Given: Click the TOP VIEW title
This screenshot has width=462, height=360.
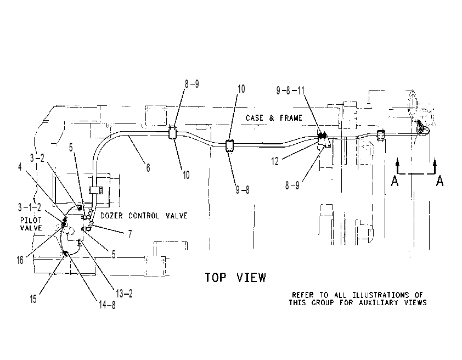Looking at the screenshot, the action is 235,278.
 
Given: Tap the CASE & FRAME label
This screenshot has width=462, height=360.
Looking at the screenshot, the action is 274,118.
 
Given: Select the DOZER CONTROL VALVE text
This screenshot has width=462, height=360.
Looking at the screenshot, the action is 144,216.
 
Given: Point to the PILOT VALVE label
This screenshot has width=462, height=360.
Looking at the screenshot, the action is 31,224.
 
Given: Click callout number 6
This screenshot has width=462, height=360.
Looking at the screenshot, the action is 148,167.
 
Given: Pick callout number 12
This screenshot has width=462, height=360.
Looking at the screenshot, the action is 274,161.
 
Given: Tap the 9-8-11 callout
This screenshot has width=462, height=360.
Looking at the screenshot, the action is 290,90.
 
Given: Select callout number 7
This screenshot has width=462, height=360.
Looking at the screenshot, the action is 129,234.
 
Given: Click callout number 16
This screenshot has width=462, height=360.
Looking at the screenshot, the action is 20,260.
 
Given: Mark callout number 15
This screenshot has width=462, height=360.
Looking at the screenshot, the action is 33,299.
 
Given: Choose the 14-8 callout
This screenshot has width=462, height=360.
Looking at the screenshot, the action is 107,305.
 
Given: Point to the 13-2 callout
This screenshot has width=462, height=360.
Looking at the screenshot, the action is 124,293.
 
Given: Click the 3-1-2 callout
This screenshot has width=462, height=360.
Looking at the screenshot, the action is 30,207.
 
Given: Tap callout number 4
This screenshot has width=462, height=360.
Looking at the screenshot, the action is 20,167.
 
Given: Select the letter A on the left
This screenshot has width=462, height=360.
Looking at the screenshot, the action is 395,181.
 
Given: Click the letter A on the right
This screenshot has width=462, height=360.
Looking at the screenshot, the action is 440,181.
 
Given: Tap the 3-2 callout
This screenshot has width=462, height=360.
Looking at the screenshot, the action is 37,158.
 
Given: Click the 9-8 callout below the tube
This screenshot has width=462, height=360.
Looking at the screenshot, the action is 242,190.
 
